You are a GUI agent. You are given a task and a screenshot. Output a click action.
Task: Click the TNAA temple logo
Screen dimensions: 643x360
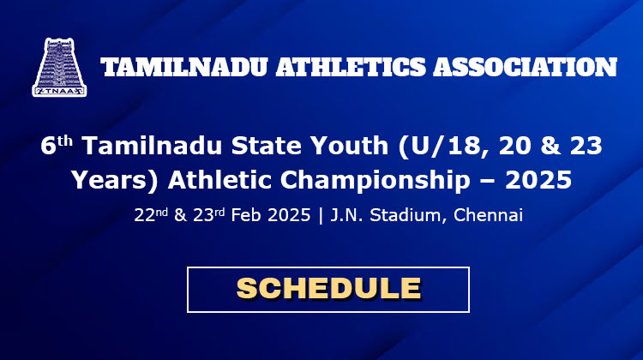(x=59, y=67)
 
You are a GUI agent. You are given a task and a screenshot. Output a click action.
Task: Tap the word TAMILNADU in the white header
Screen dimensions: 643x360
(x=184, y=67)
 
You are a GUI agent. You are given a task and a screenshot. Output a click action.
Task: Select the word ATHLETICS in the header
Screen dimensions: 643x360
(x=351, y=67)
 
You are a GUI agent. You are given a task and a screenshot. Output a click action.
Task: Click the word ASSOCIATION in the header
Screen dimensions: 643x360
(x=526, y=67)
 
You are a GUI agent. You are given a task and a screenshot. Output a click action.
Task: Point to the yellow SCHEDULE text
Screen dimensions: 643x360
(x=329, y=288)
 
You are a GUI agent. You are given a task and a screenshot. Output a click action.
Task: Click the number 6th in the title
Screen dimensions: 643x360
(x=57, y=145)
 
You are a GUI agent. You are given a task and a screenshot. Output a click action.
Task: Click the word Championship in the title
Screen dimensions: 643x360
(x=375, y=180)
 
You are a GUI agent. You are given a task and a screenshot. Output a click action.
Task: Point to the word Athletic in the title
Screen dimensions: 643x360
(x=219, y=180)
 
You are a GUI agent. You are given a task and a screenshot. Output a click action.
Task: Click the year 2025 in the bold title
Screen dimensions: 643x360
(x=538, y=180)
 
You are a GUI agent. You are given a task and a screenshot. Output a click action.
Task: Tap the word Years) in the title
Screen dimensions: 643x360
(x=114, y=180)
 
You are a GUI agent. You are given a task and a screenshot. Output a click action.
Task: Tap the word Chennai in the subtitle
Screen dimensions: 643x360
(x=488, y=214)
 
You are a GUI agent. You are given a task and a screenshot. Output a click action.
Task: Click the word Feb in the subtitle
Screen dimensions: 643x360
(x=245, y=214)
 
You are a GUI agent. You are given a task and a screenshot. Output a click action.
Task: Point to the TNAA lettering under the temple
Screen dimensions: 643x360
(x=59, y=91)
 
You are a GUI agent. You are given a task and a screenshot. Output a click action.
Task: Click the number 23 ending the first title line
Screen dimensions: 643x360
(x=586, y=145)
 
